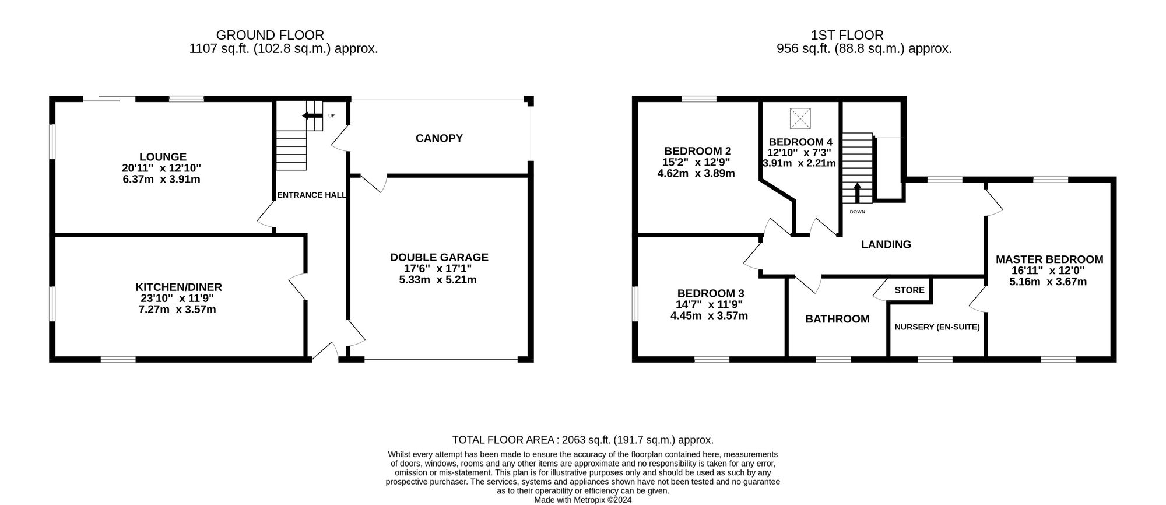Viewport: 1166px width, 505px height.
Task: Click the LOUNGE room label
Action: point(163,157)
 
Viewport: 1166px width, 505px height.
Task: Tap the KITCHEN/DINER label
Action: point(179,287)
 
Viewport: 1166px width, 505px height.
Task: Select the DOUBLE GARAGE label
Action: point(439,257)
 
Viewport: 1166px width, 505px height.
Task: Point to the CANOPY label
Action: point(439,138)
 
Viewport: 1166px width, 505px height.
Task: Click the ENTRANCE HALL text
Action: point(312,195)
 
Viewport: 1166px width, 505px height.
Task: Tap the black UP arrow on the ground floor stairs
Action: point(312,116)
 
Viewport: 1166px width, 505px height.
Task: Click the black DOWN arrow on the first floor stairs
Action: point(857,193)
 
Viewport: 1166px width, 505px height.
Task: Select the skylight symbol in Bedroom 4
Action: point(800,119)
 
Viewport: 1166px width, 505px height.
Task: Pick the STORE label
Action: point(909,290)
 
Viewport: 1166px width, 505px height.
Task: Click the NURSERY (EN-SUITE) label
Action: point(937,327)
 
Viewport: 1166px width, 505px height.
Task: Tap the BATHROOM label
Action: point(837,319)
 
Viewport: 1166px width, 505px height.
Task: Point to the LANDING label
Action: point(886,244)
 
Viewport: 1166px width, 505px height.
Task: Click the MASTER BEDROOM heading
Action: point(1049,259)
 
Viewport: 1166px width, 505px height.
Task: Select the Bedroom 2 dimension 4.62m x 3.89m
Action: point(696,173)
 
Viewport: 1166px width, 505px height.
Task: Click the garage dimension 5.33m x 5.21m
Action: point(438,279)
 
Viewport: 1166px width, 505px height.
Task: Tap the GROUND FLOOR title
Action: point(270,35)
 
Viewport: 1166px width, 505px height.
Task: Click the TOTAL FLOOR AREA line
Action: point(583,440)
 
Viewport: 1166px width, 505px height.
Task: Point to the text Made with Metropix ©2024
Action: point(583,500)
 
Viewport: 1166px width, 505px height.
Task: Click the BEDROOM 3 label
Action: point(711,293)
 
